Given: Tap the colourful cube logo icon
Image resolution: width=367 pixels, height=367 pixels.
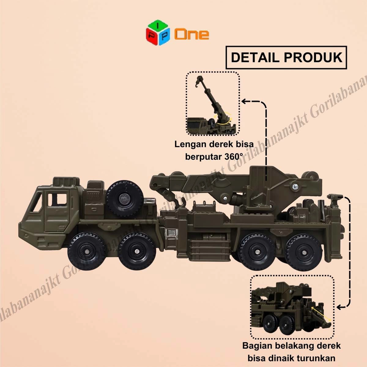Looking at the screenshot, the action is coord(158,32).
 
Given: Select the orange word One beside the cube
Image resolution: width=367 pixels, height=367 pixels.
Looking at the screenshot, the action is coord(191,34).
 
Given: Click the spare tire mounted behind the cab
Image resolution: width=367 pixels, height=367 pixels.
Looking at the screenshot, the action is coord(124,198).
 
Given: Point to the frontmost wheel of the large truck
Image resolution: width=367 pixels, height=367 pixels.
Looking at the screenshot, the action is coord(86,252).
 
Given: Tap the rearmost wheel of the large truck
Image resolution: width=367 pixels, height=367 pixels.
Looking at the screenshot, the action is coord(304,252).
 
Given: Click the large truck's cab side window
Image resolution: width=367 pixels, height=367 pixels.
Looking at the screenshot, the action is coord(57,199).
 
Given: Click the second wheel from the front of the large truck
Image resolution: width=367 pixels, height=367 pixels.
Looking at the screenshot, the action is coord(136,252).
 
